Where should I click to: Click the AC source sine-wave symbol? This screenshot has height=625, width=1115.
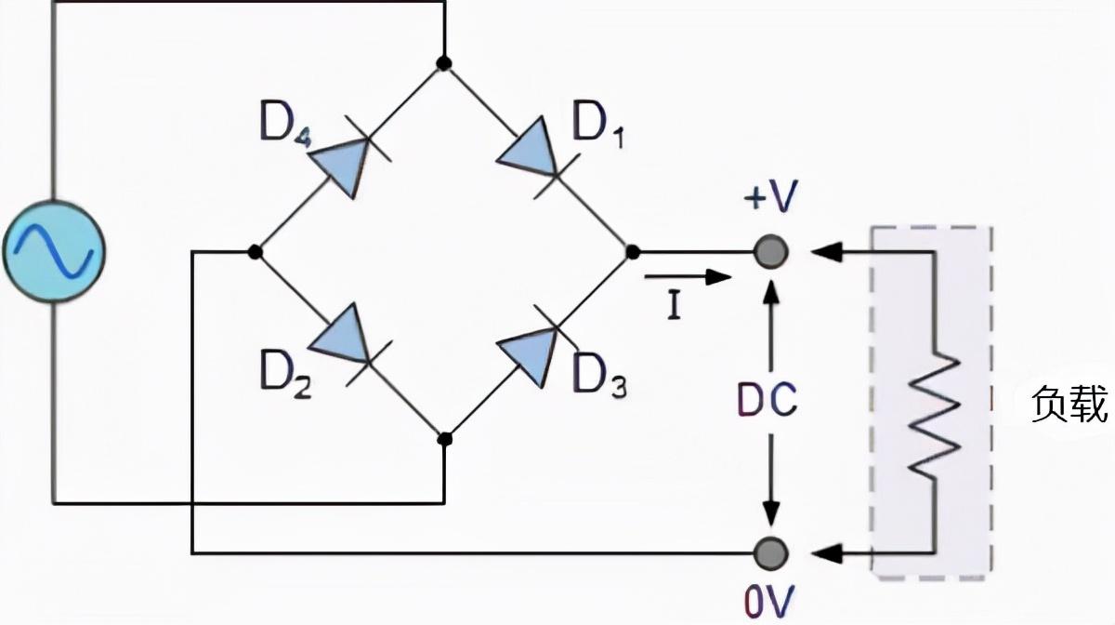click(54, 251)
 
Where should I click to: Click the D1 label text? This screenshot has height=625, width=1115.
click(597, 124)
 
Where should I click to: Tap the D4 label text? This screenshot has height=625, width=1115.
click(285, 124)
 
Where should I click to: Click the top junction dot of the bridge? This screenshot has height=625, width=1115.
click(444, 63)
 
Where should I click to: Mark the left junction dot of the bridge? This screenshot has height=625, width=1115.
click(255, 252)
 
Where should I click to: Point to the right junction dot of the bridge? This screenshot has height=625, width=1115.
click(633, 252)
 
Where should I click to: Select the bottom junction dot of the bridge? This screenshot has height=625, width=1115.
click(444, 439)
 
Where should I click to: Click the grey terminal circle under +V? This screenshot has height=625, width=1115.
click(771, 252)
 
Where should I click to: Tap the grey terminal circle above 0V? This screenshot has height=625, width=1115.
click(771, 553)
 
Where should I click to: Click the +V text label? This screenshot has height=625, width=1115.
click(771, 196)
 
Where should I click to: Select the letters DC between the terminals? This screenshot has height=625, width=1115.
click(767, 399)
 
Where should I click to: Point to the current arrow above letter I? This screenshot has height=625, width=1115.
click(688, 276)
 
